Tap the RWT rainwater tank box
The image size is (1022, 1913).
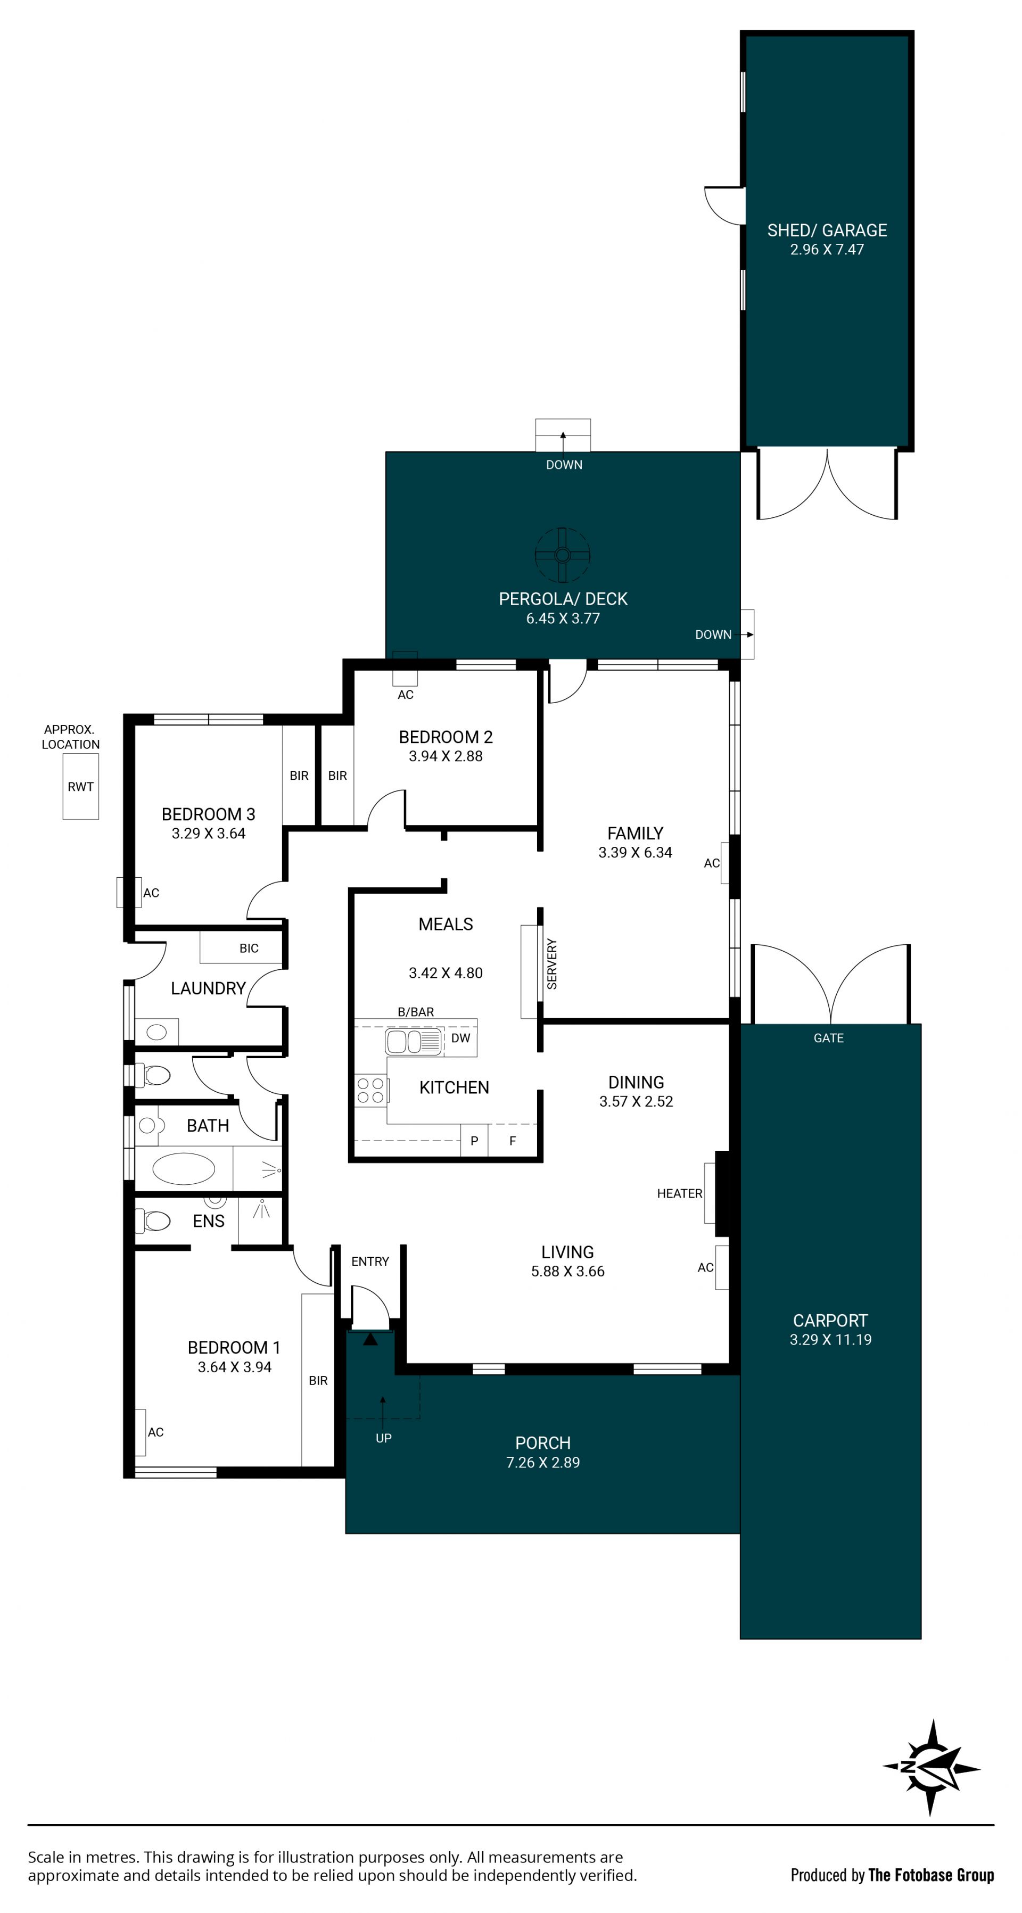pyautogui.click(x=81, y=787)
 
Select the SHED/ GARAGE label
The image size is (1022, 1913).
pyautogui.click(x=827, y=230)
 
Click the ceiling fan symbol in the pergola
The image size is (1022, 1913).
pyautogui.click(x=562, y=555)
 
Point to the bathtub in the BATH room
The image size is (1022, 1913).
pyautogui.click(x=184, y=1169)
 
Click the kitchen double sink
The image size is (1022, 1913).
pyautogui.click(x=414, y=1041)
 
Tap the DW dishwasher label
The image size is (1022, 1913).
pyautogui.click(x=460, y=1038)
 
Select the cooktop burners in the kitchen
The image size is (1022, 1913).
pyautogui.click(x=370, y=1090)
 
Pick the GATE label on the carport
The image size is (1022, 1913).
pyautogui.click(x=828, y=1038)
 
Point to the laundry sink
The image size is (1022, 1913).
pyautogui.click(x=156, y=1032)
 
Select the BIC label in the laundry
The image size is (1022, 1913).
pyautogui.click(x=249, y=949)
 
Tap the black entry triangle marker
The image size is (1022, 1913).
pyautogui.click(x=370, y=1338)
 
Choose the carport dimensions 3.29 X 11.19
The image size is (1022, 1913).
pyautogui.click(x=830, y=1340)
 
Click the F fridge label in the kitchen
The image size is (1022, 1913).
pyautogui.click(x=513, y=1141)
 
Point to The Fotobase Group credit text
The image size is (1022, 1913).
pyautogui.click(x=930, y=1875)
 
